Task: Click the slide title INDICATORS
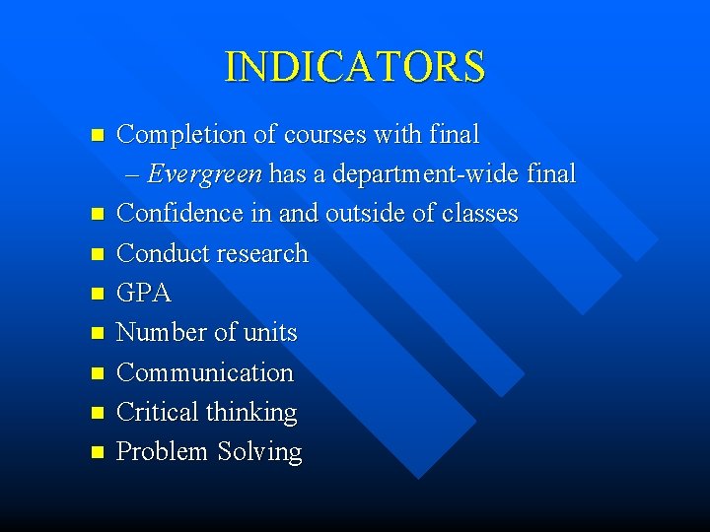(355, 67)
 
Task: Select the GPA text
(144, 294)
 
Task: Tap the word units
(269, 333)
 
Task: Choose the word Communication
(205, 372)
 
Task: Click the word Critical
(158, 412)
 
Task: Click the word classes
(478, 214)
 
